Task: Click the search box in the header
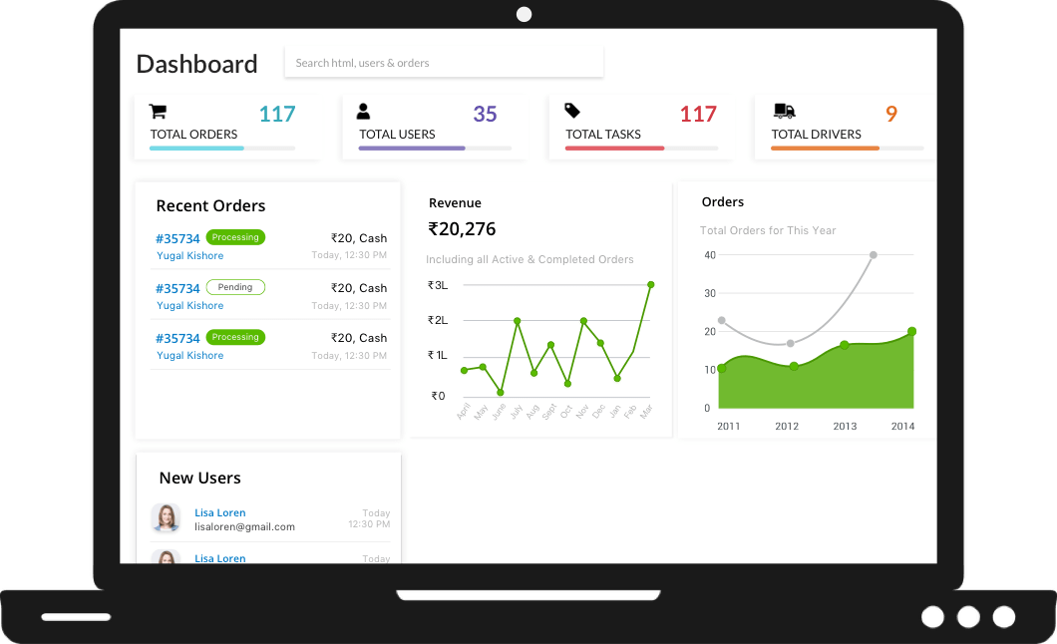click(x=444, y=63)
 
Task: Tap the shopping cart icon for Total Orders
click(x=158, y=111)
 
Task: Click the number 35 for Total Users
click(x=485, y=114)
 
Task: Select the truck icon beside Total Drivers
click(x=784, y=111)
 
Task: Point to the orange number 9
click(x=891, y=114)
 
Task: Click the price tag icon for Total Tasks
click(x=572, y=111)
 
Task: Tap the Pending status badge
click(x=235, y=287)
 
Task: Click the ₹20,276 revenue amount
click(x=462, y=229)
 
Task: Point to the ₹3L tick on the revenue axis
click(x=437, y=285)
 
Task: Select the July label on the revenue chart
click(x=516, y=410)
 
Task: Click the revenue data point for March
click(x=650, y=284)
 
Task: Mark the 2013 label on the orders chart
click(x=845, y=426)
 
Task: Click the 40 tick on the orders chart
click(x=710, y=255)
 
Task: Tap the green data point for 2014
click(x=911, y=332)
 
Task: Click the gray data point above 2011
click(x=721, y=321)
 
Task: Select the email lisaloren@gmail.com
click(x=244, y=526)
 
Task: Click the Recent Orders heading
click(x=210, y=206)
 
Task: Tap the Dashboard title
click(x=196, y=64)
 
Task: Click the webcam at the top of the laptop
click(x=525, y=14)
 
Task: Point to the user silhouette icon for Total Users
click(x=363, y=111)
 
